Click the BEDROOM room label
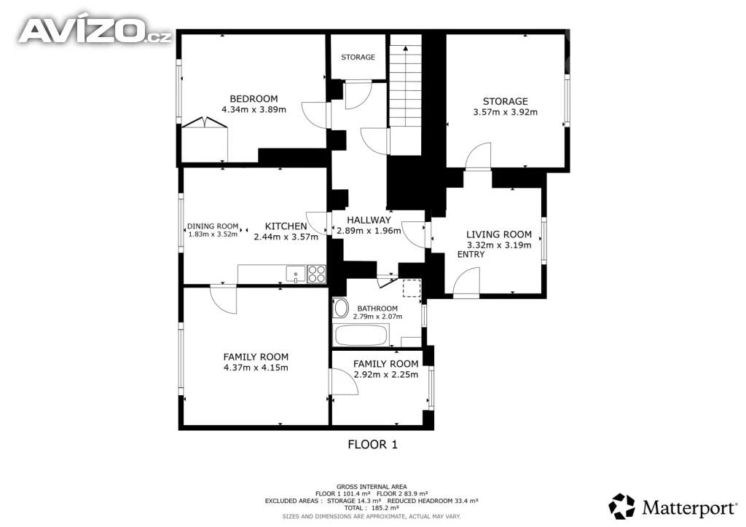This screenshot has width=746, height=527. click(254, 99)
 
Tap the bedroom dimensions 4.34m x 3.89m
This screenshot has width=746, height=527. click(254, 110)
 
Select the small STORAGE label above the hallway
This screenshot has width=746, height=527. click(358, 57)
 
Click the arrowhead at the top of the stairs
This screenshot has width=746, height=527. click(405, 47)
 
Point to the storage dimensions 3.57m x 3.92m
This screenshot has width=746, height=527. click(506, 112)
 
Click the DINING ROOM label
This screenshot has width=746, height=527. click(213, 226)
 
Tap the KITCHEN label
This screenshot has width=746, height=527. click(286, 226)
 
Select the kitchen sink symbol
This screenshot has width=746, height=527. click(296, 274)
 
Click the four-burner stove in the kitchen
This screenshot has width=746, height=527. click(317, 274)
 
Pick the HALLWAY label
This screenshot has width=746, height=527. click(369, 220)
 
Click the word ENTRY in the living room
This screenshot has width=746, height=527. click(471, 255)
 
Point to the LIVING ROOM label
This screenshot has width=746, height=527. click(498, 234)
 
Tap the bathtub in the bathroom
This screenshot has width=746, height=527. click(361, 335)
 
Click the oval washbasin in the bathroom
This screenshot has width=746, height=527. click(341, 309)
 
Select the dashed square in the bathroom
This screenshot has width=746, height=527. click(412, 288)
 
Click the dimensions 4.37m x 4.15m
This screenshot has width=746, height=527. click(256, 368)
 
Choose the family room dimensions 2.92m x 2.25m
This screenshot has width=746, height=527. click(386, 374)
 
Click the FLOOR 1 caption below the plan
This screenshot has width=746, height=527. click(372, 445)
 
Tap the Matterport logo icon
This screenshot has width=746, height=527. click(622, 506)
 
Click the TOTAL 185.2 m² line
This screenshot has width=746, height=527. click(372, 508)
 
